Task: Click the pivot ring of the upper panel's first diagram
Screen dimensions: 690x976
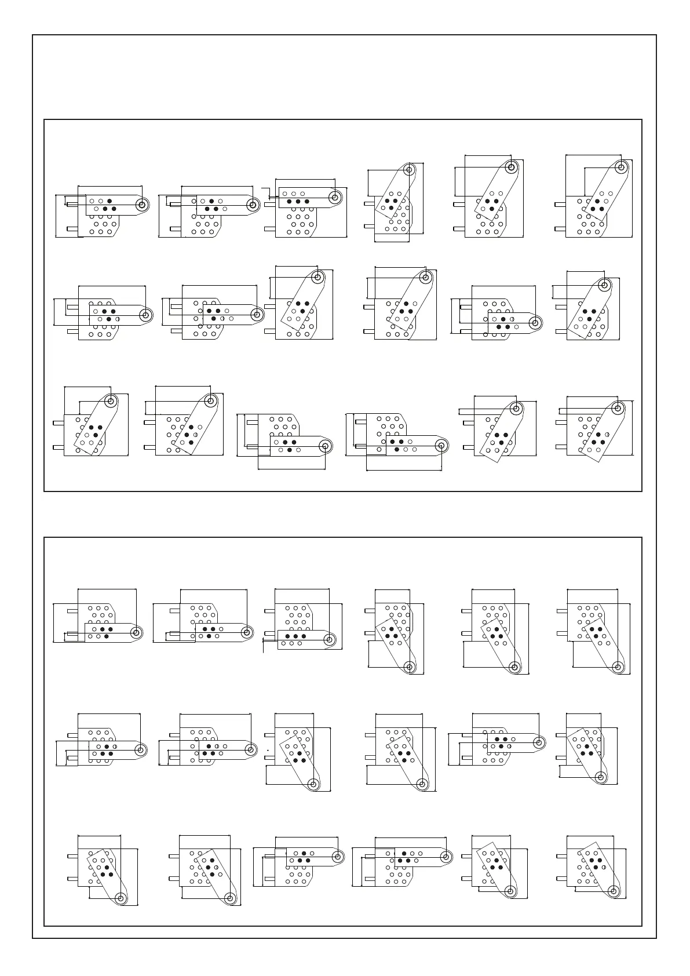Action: tap(141, 204)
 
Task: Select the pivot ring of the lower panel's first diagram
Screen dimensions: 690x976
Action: tap(137, 632)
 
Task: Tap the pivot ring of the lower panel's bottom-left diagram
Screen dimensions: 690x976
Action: tap(121, 914)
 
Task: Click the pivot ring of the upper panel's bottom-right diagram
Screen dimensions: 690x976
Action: tap(618, 407)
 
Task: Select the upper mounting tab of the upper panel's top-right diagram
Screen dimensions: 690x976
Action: tap(560, 204)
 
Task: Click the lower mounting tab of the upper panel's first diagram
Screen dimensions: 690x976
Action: tap(72, 229)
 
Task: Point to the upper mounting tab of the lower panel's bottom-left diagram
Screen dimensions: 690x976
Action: tap(72, 856)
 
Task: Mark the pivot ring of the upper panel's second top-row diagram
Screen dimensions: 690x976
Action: tap(252, 205)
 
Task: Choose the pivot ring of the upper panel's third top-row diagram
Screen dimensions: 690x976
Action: tap(334, 196)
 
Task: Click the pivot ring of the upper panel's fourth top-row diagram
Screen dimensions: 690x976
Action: tap(409, 170)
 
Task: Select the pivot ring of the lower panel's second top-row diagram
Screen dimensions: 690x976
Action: tap(247, 632)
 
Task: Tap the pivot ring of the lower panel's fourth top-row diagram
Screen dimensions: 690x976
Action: tap(410, 667)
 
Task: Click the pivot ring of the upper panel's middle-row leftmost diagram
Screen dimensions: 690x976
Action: tap(145, 315)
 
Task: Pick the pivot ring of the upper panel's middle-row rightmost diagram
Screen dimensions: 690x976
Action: tap(604, 286)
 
